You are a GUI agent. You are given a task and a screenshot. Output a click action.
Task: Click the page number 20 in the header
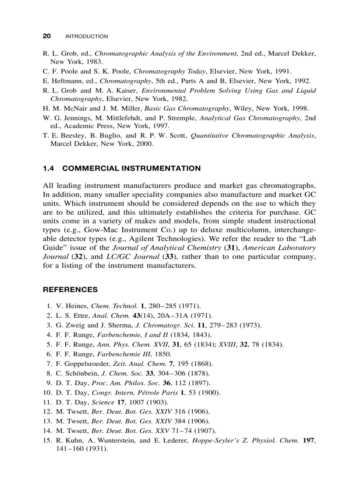[46, 36]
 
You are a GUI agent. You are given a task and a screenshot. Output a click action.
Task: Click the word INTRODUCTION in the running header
[86, 37]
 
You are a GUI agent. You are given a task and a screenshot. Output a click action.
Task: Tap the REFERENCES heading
[70, 290]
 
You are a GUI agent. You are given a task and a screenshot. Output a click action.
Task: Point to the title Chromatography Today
[162, 71]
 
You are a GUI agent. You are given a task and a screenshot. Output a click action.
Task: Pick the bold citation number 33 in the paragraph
[168, 257]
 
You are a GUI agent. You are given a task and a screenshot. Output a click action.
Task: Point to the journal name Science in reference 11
[102, 402]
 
